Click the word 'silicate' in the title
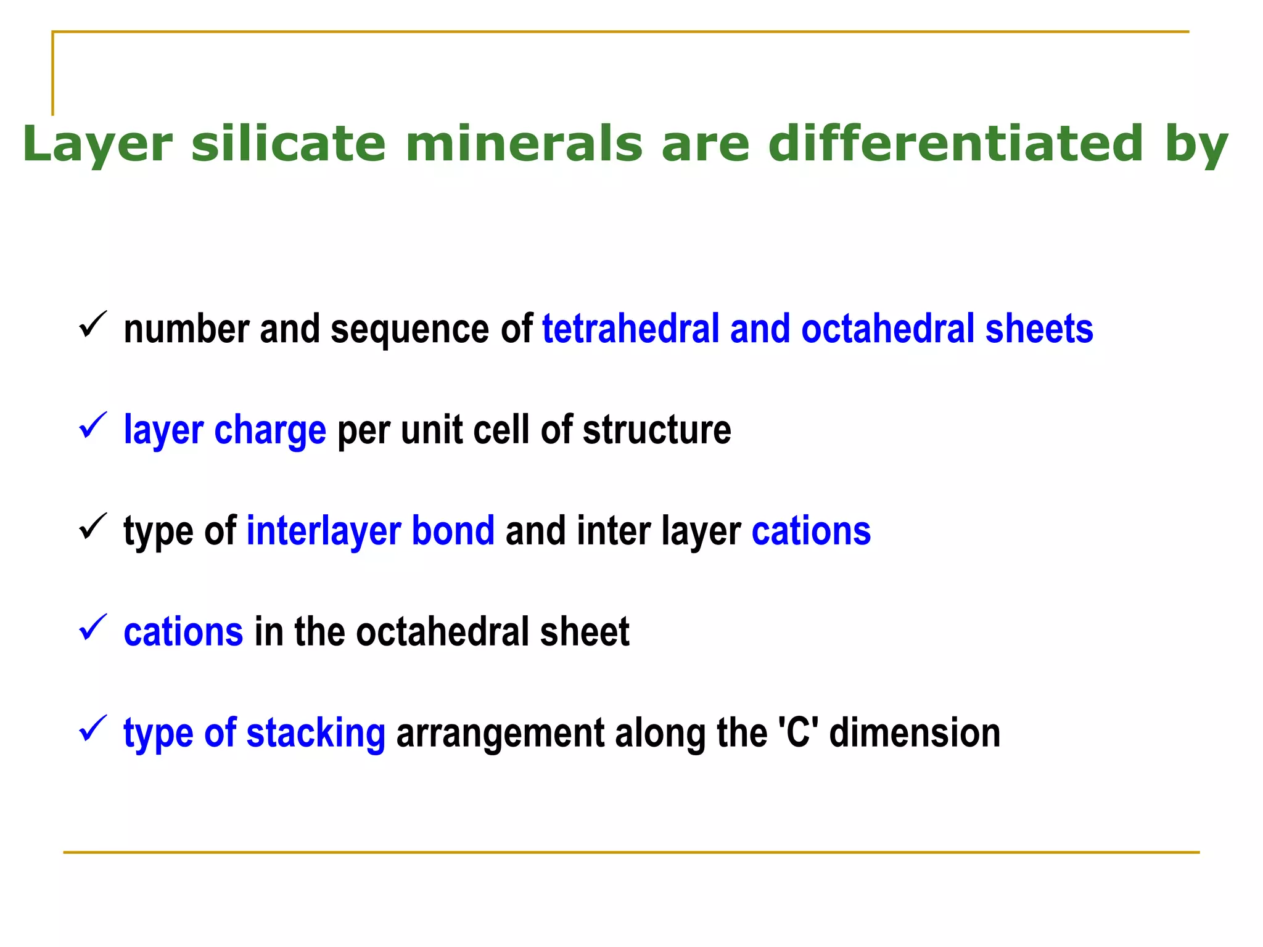coord(288,143)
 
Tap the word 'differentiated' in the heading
coord(955,143)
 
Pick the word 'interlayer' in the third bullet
coord(323,531)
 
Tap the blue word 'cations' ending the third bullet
coord(811,531)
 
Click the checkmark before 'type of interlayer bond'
coord(93,527)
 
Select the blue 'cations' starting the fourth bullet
coord(183,632)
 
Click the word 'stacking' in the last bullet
coord(316,734)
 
